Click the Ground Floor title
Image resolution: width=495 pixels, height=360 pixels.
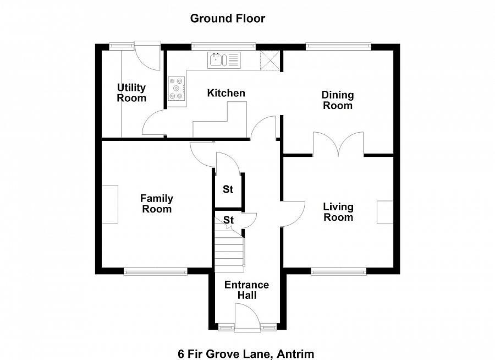pos(227,18)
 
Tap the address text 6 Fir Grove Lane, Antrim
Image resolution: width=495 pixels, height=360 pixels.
pos(245,353)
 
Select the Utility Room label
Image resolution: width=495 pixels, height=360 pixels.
pos(131,93)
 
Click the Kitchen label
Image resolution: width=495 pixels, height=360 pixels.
pos(226,93)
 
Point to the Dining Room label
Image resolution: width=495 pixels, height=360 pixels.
pos(338,100)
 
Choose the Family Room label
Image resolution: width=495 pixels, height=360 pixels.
pos(156,204)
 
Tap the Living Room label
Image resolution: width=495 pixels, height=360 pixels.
pos(338,212)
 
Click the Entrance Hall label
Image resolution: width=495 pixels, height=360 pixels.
pos(246,290)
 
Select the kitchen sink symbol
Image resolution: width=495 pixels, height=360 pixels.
pos(224,59)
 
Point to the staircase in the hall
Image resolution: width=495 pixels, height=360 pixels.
pos(229,250)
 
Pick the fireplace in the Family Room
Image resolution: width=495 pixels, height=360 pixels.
pos(110,204)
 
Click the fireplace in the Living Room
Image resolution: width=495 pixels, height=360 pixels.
pos(385,212)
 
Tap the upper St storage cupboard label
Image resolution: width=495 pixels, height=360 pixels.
pos(228,189)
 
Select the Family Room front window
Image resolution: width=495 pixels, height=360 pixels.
pos(156,271)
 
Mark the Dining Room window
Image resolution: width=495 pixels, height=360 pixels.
pos(338,46)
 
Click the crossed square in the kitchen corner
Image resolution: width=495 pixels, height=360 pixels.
pos(269,59)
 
